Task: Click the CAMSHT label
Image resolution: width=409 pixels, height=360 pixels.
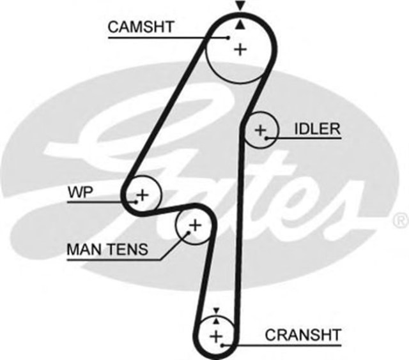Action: coord(140,27)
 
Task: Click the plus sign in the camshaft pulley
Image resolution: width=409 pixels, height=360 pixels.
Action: coord(240,49)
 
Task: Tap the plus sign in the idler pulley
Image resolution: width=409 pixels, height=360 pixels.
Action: coord(260,130)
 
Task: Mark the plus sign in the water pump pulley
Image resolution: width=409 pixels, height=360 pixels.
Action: coord(142,193)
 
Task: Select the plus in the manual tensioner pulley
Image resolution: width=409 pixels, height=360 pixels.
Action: coord(194,225)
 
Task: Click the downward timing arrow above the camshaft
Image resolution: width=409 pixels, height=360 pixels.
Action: coord(240,6)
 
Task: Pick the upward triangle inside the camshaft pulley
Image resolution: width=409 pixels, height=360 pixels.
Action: coord(240,24)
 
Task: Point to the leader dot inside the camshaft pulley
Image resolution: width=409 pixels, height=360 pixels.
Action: coord(228,37)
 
